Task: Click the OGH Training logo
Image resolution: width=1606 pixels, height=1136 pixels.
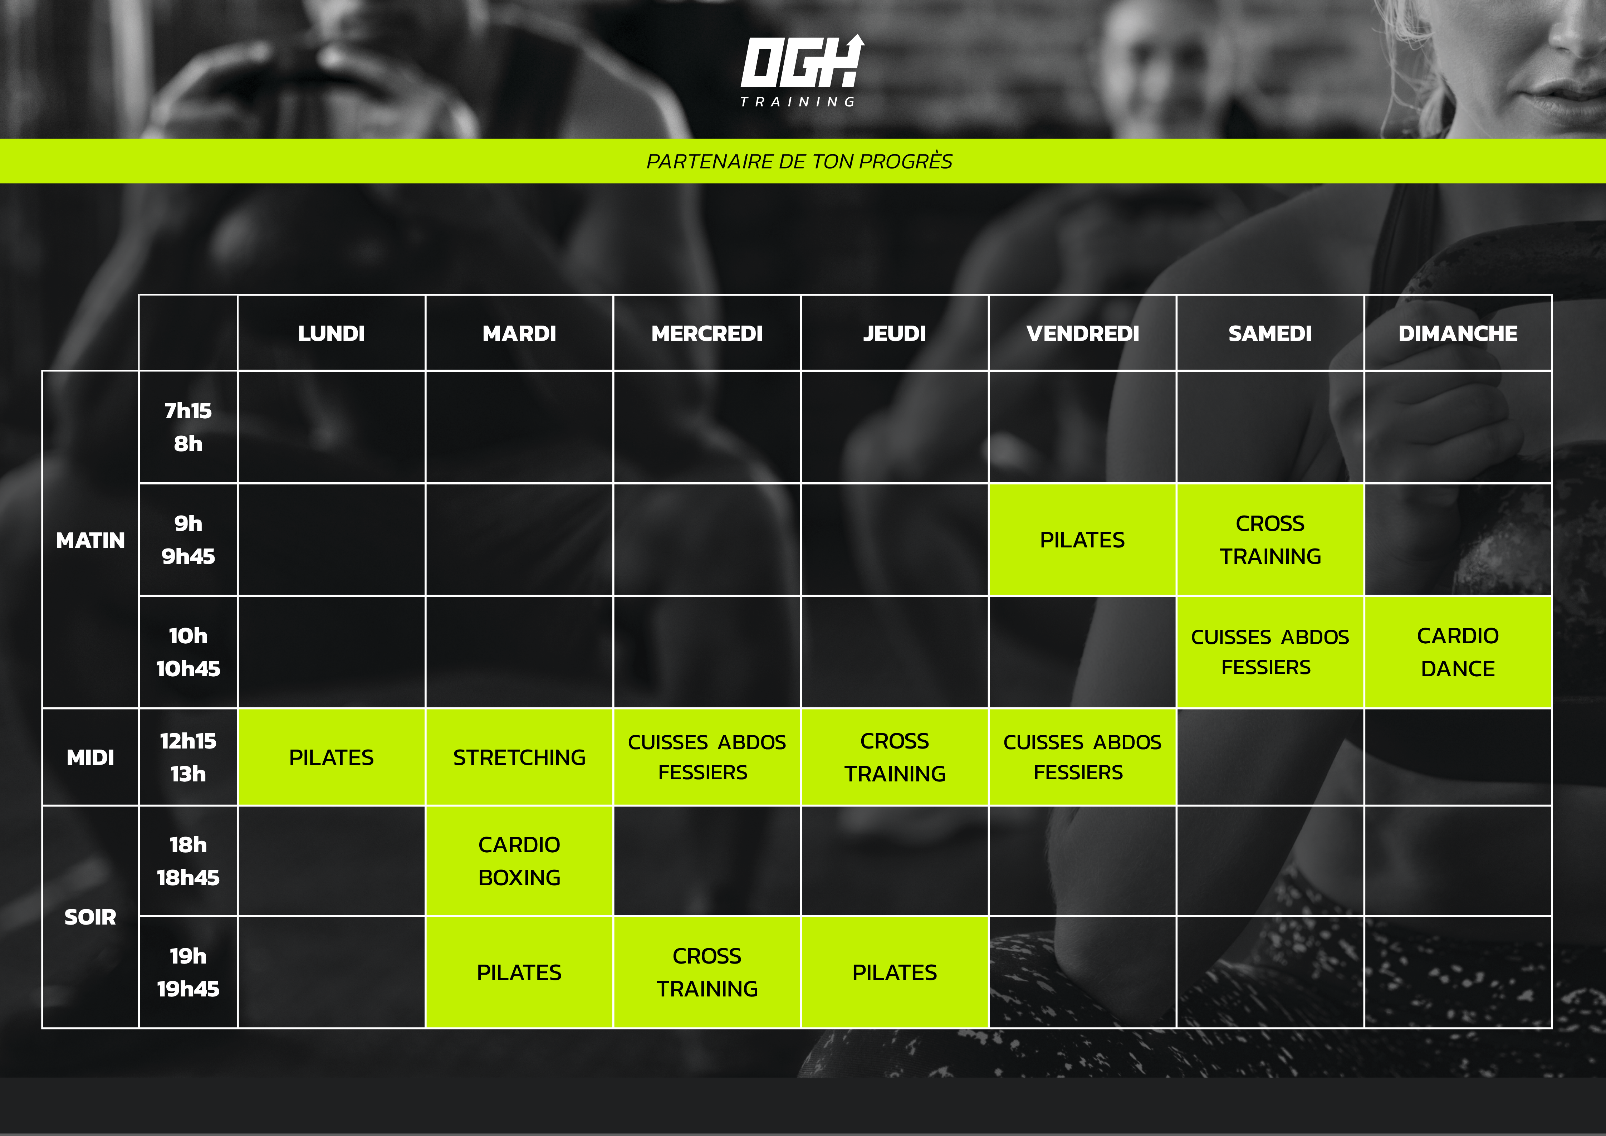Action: pyautogui.click(x=802, y=70)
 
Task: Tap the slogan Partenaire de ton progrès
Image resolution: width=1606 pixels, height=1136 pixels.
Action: pyautogui.click(x=799, y=162)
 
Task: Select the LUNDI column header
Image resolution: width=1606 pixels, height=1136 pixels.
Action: pyautogui.click(x=332, y=334)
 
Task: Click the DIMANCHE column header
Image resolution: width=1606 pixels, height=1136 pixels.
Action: pyautogui.click(x=1458, y=334)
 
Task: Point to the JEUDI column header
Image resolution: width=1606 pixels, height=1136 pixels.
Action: pyautogui.click(x=895, y=334)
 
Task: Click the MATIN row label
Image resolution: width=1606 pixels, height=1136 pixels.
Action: pyautogui.click(x=90, y=540)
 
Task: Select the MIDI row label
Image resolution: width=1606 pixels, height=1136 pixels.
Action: pyautogui.click(x=90, y=757)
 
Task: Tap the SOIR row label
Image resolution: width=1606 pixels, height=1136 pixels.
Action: pyautogui.click(x=90, y=917)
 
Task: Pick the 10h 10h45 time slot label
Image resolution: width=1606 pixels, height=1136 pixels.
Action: pyautogui.click(x=188, y=652)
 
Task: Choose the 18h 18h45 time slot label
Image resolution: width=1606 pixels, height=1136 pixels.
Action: pyautogui.click(x=188, y=861)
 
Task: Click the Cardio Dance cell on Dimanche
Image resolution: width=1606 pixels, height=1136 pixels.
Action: pyautogui.click(x=1458, y=652)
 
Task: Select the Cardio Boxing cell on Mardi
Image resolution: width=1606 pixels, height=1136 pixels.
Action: pyautogui.click(x=519, y=861)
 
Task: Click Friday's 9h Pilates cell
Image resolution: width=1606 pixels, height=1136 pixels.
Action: pyautogui.click(x=1082, y=539)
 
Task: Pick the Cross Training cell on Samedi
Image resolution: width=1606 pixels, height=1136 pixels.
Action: pyautogui.click(x=1270, y=539)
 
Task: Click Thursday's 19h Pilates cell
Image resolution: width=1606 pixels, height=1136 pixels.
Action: pyautogui.click(x=895, y=972)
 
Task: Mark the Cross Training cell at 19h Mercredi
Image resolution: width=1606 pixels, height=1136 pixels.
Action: pyautogui.click(x=706, y=972)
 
